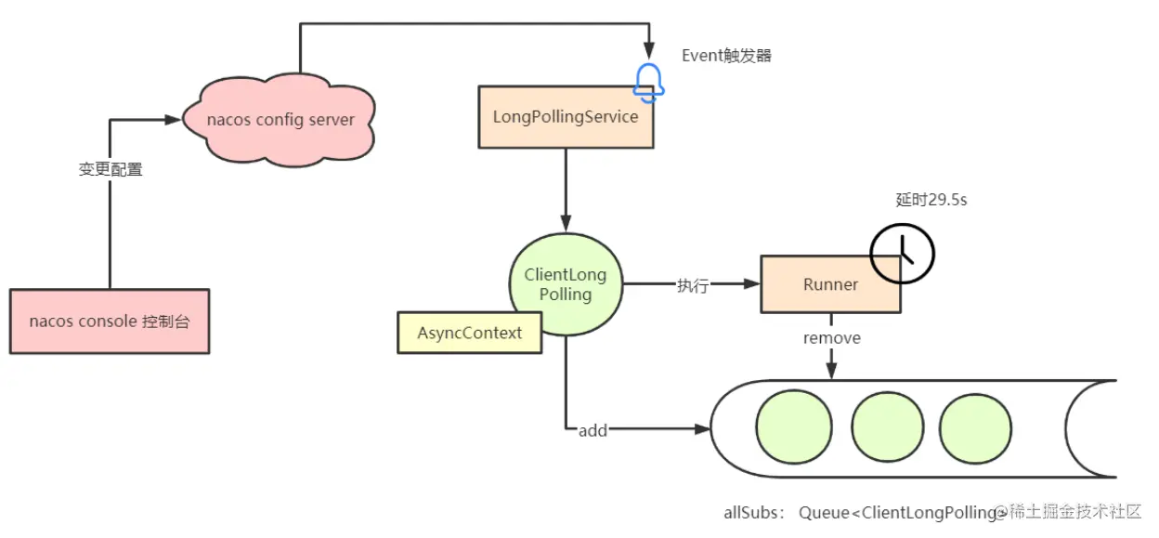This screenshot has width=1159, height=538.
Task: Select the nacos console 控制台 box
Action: point(110,321)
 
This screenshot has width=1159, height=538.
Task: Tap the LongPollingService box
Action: point(565,117)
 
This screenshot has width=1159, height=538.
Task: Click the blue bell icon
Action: point(648,83)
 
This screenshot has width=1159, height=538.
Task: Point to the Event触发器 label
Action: point(726,56)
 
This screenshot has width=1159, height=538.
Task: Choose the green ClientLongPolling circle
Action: point(565,284)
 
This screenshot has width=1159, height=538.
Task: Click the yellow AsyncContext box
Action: point(469,333)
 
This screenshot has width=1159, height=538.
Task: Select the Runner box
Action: point(830,284)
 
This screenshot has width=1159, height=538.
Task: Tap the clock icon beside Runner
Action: point(901,252)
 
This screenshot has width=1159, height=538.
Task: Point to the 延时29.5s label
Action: point(931,200)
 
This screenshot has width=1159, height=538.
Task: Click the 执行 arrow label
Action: point(692,285)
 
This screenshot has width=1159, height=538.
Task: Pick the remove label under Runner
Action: point(831,338)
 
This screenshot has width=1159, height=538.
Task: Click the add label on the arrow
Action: point(593,430)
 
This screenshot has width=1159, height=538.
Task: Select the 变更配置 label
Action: point(111,170)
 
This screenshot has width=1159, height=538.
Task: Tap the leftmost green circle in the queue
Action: point(791,428)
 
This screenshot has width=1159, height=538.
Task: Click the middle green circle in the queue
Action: point(886,428)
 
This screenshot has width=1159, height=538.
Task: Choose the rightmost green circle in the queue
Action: point(974,428)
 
